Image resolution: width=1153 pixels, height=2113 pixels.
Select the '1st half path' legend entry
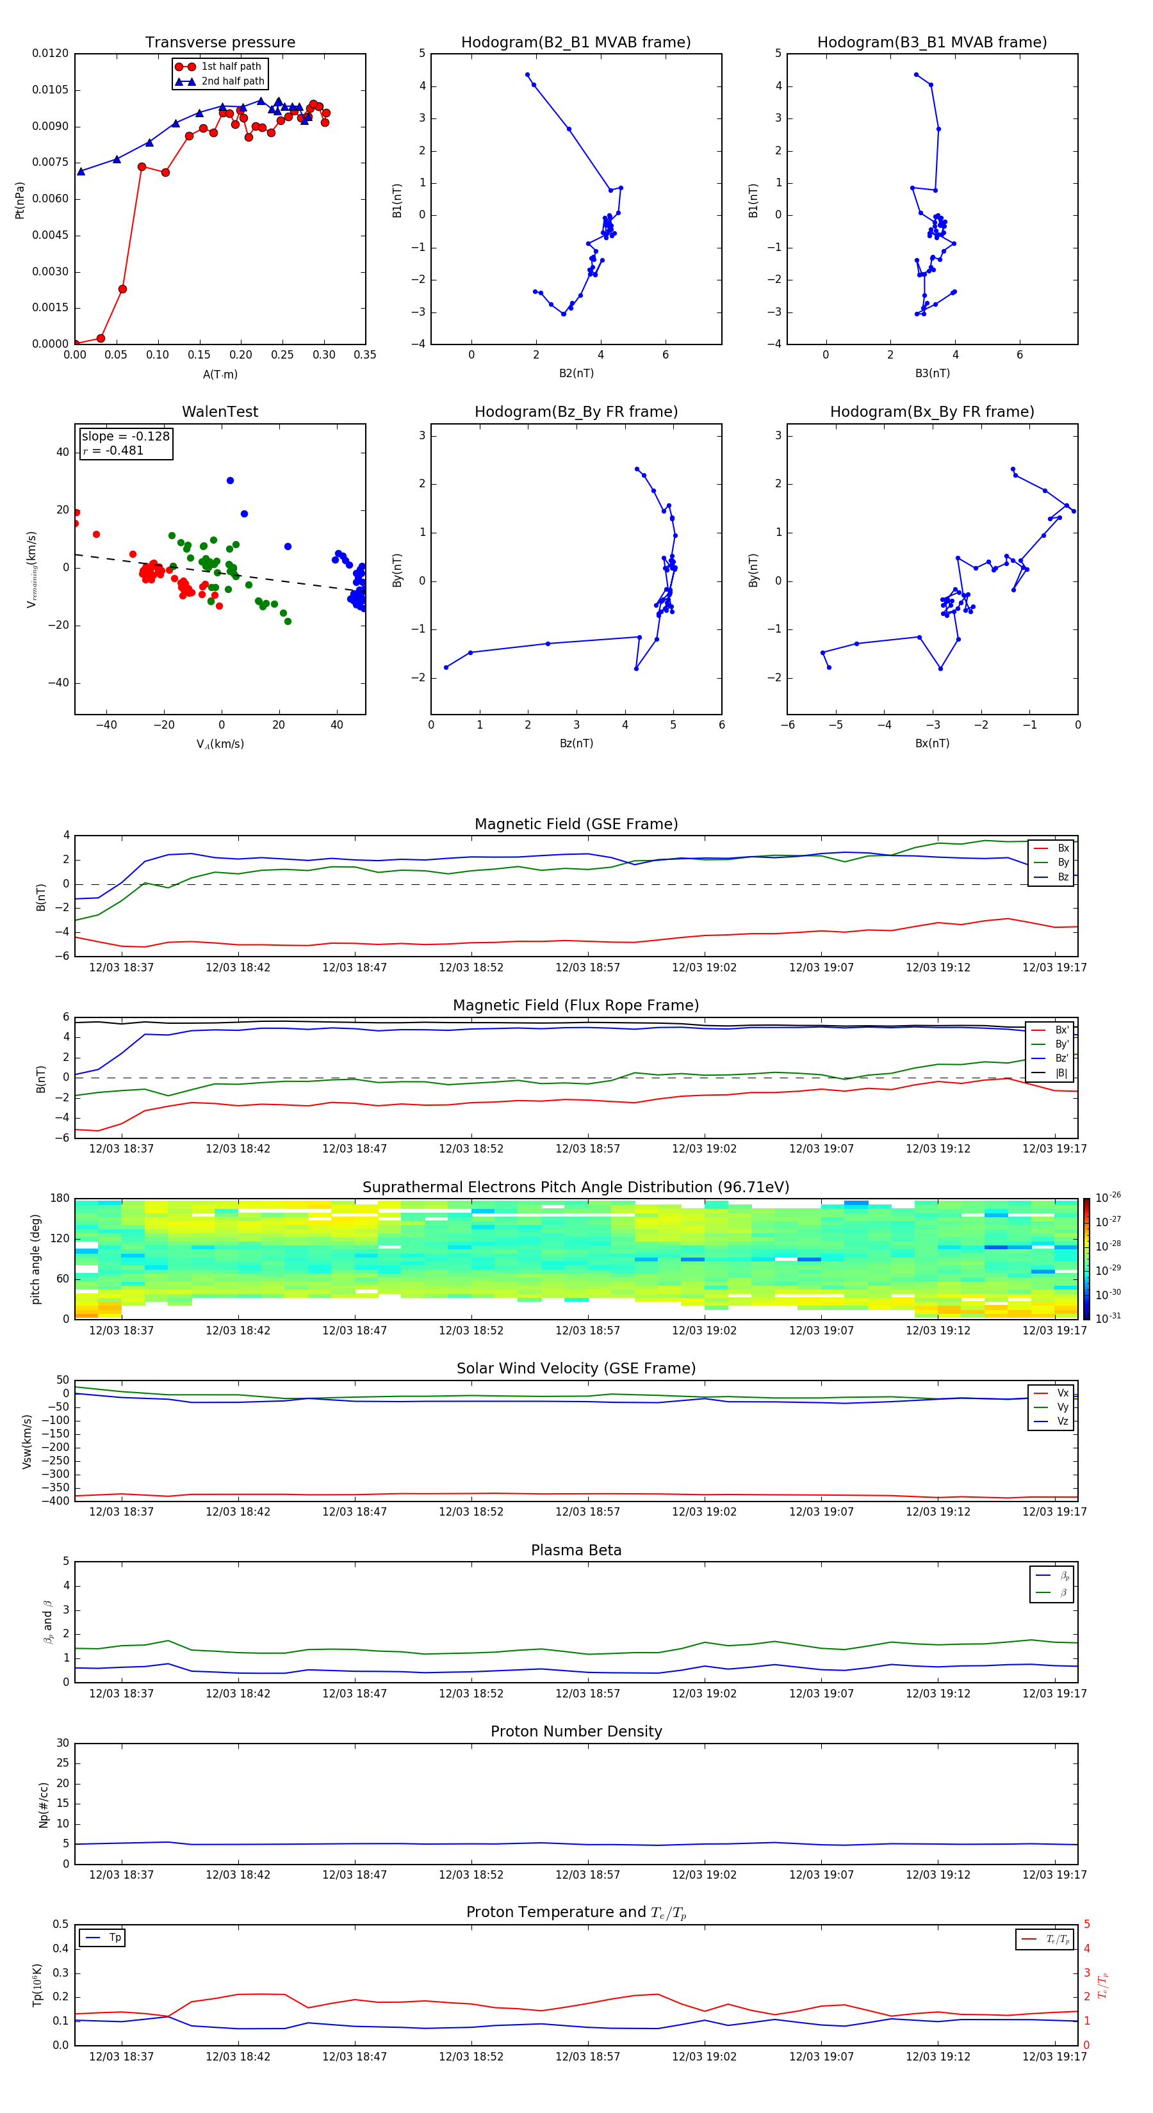coord(231,67)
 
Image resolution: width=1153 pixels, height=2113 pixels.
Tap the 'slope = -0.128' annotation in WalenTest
coord(126,437)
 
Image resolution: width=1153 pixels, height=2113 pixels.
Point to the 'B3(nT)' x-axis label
coord(932,373)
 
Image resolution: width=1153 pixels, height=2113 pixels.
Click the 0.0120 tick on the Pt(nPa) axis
coord(50,53)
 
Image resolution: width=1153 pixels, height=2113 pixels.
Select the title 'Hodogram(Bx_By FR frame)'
coord(931,412)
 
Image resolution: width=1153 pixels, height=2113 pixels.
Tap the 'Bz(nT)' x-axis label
coord(576,743)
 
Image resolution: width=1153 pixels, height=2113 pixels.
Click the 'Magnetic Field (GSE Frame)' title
coord(576,824)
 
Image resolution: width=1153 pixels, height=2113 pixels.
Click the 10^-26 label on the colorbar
coord(1108,1197)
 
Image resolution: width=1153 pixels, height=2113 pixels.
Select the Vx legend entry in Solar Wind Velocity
coord(1063,1393)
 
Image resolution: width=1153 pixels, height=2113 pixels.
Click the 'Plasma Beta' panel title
coord(576,1550)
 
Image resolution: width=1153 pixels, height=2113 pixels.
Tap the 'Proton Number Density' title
coord(576,1731)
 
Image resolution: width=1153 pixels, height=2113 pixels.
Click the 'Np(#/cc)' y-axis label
coord(44,1804)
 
